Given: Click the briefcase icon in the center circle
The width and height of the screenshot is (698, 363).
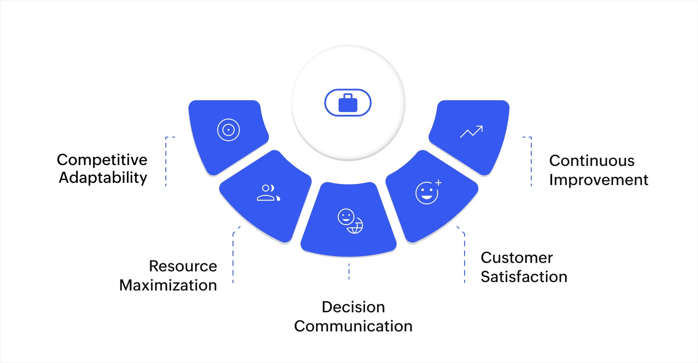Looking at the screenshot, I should click(348, 103).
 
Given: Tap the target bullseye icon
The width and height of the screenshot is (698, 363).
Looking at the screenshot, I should click(229, 130).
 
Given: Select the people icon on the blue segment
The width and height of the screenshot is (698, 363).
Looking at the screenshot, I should click(268, 193).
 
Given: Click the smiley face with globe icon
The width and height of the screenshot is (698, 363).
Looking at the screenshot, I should click(350, 221).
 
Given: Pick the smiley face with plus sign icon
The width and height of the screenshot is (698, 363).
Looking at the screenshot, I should click(428, 193).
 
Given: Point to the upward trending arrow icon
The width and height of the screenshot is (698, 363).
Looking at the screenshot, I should click(471, 132).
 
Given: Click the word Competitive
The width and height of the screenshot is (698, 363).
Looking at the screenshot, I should click(102, 160).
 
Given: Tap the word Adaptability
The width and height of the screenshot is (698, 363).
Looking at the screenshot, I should click(103, 177).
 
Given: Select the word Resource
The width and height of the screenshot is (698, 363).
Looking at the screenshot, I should click(183, 266).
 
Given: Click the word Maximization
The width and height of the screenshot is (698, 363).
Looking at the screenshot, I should click(168, 285).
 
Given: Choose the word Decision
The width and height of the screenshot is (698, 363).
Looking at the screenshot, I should click(353, 307).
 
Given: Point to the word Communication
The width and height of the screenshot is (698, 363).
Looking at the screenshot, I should click(353, 326).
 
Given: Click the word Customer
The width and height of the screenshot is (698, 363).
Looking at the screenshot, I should click(517, 258).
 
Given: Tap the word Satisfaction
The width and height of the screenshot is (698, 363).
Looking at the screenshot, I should click(524, 277).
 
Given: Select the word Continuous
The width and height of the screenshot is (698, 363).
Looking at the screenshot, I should click(592, 161).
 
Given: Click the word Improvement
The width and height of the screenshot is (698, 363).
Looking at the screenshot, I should click(598, 180).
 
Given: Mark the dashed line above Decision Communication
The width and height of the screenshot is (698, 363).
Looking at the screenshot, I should click(349, 271).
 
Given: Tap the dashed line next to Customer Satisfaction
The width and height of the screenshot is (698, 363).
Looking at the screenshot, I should click(464, 258).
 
